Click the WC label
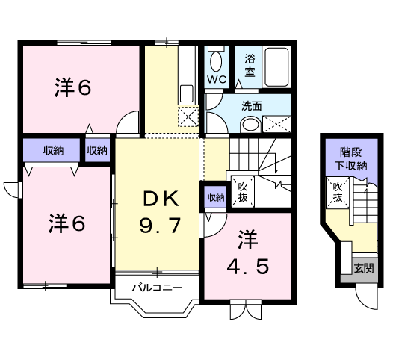(x=217, y=80)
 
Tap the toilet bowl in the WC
(x=216, y=62)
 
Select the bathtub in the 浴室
(x=276, y=66)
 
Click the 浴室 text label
(x=250, y=66)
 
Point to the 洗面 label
(x=251, y=106)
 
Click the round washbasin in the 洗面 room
(x=250, y=125)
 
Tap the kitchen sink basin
(x=187, y=93)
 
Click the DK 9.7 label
(x=161, y=212)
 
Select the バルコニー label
(x=157, y=288)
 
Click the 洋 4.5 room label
(x=248, y=252)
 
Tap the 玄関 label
(x=364, y=269)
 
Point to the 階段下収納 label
(x=351, y=159)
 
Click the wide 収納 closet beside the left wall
(x=52, y=150)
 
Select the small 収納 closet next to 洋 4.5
(x=215, y=198)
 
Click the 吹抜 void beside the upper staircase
(x=243, y=192)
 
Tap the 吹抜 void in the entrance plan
(x=338, y=193)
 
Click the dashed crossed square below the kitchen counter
(x=188, y=117)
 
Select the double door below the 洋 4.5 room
(x=246, y=310)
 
